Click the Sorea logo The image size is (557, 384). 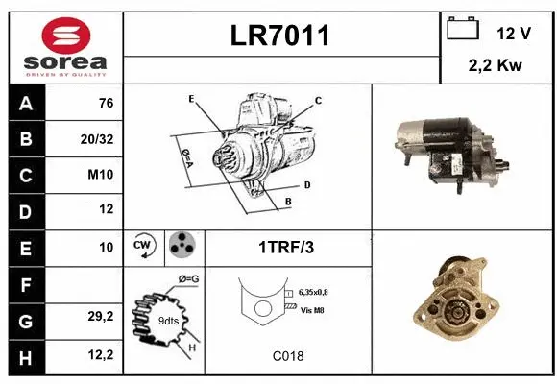coord(64,45)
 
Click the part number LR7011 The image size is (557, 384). coord(281,36)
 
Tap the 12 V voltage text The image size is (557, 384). coord(514,33)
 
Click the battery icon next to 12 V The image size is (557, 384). coord(463,29)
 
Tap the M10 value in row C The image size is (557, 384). coord(102,175)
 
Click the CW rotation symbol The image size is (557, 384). coord(144,246)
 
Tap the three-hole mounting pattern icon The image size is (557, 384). coord(182,246)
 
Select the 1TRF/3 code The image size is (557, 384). coord(286,247)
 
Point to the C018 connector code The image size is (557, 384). coord(287,356)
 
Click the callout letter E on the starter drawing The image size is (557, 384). coord(192,99)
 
